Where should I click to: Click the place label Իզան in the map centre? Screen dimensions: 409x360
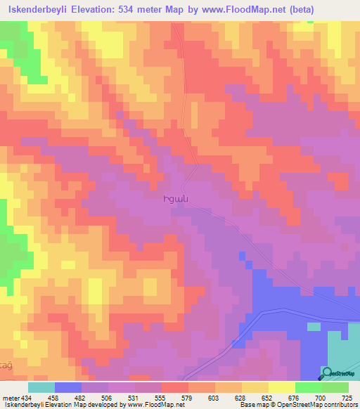(x=176, y=199)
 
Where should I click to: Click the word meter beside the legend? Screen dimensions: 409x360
(x=11, y=398)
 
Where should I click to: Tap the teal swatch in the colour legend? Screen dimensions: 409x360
(x=41, y=387)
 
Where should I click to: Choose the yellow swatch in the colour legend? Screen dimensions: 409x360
(x=281, y=387)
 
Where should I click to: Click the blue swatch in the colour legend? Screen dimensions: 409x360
(x=68, y=387)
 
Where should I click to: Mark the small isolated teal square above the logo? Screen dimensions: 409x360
(x=311, y=325)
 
